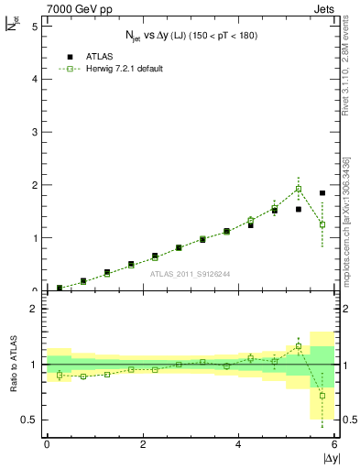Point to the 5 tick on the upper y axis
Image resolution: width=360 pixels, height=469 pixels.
click(34, 26)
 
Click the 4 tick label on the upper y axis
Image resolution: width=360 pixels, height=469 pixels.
click(34, 79)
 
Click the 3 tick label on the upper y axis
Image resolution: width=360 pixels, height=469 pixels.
click(34, 132)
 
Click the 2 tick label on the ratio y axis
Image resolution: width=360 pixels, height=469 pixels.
click(34, 309)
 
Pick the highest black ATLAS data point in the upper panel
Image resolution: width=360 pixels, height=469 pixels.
click(322, 193)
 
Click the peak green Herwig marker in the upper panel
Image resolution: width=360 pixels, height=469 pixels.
click(299, 189)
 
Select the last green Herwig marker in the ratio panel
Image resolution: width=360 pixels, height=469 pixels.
click(322, 396)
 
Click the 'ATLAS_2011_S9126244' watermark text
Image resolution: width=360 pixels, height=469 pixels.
click(191, 273)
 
